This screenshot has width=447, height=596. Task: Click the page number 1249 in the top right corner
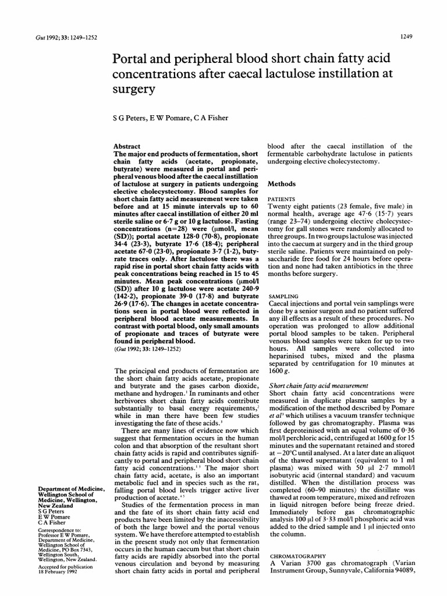(406, 37)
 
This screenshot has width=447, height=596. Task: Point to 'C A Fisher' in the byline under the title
(208, 118)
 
